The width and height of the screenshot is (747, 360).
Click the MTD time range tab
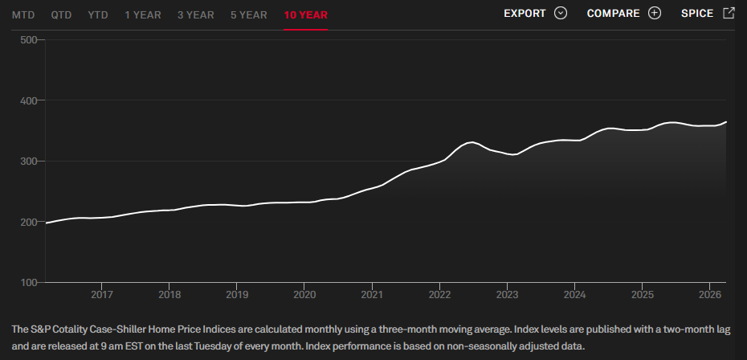point(23,14)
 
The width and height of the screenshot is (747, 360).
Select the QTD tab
point(62,14)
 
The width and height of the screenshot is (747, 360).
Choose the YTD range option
point(98,14)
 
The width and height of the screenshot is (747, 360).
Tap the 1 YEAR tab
point(143,14)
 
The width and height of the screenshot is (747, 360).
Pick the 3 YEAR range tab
point(196,14)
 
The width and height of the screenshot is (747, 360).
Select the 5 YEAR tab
point(249,14)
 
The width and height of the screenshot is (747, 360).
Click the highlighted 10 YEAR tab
point(306,14)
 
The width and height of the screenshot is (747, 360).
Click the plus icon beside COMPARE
point(655,14)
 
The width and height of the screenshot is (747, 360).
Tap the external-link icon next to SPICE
point(729,13)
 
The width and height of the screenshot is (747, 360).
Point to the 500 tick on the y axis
point(29,39)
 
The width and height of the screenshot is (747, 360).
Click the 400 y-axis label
point(29,100)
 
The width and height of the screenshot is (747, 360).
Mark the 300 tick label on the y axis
point(29,162)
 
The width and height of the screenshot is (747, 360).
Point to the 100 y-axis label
point(29,283)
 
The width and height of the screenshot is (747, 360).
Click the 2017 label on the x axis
point(102,294)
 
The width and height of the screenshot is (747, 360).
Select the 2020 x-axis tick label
point(304,294)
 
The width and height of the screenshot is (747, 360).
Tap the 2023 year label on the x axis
point(507,294)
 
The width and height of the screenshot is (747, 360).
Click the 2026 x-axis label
point(709,294)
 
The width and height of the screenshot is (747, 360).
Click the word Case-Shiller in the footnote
point(117,329)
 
